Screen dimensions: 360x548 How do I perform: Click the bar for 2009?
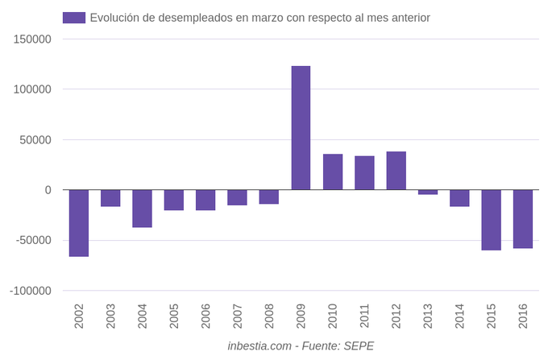pos(301,128)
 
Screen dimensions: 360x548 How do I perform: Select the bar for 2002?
pos(78,223)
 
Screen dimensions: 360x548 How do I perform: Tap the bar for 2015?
pos(491,220)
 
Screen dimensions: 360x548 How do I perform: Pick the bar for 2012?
pos(396,171)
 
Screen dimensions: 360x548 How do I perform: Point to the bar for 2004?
pos(142,209)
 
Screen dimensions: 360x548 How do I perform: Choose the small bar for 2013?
pos(428,192)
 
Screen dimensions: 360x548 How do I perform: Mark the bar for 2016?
pos(522,219)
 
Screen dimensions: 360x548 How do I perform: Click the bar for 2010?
pos(333,172)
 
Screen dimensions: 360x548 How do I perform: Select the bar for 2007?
pos(237,197)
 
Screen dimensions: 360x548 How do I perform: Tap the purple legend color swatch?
pos(73,18)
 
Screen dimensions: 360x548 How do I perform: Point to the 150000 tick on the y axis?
pos(33,39)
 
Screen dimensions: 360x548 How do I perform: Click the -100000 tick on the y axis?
pos(31,291)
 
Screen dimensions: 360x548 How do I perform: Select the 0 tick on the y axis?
pos(48,190)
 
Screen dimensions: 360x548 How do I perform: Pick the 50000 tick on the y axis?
pos(36,139)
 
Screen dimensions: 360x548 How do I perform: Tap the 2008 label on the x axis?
pos(269,316)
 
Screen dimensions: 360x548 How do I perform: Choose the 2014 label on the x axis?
pos(459,316)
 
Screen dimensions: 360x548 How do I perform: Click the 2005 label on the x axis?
pos(174,316)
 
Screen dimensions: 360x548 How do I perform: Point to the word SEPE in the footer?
pos(358,346)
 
